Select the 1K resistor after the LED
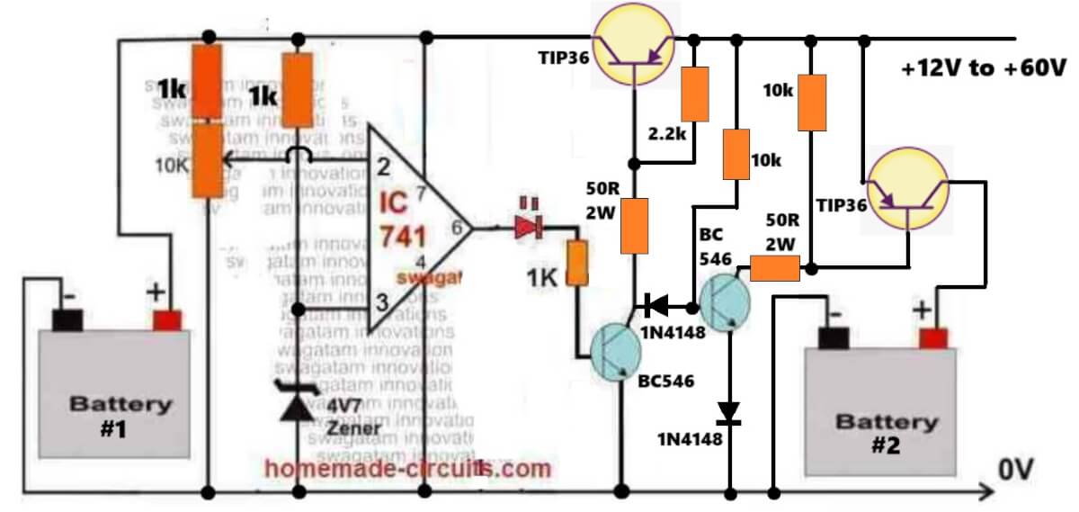tap(576, 262)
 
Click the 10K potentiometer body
tap(209, 160)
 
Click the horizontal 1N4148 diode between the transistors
tap(656, 306)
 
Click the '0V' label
tap(1019, 469)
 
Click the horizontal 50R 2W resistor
tap(775, 268)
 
